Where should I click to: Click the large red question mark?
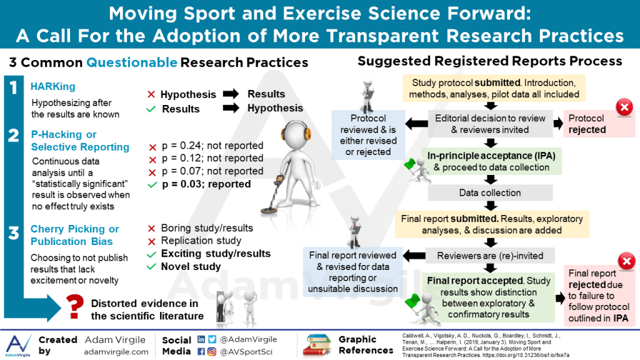(75, 307)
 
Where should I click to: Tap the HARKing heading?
(53, 86)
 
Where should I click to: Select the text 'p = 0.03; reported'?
(206, 184)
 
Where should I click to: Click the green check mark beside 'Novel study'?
(151, 267)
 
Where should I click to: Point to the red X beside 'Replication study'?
(151, 242)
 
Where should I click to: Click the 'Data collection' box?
(490, 192)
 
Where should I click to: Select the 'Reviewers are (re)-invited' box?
(490, 256)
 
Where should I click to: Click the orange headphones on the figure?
(296, 132)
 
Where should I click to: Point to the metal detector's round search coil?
(269, 210)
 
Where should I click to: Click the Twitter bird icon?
(212, 339)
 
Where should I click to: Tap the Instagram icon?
(212, 351)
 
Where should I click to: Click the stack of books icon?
(316, 345)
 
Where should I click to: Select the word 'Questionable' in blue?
(132, 62)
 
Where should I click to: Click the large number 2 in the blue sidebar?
(14, 135)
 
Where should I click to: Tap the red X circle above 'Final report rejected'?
(626, 261)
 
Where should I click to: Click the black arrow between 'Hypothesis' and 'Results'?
(231, 94)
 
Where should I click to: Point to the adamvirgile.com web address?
(116, 352)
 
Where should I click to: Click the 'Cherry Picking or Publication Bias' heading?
(75, 235)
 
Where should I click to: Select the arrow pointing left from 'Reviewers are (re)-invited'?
(414, 256)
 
